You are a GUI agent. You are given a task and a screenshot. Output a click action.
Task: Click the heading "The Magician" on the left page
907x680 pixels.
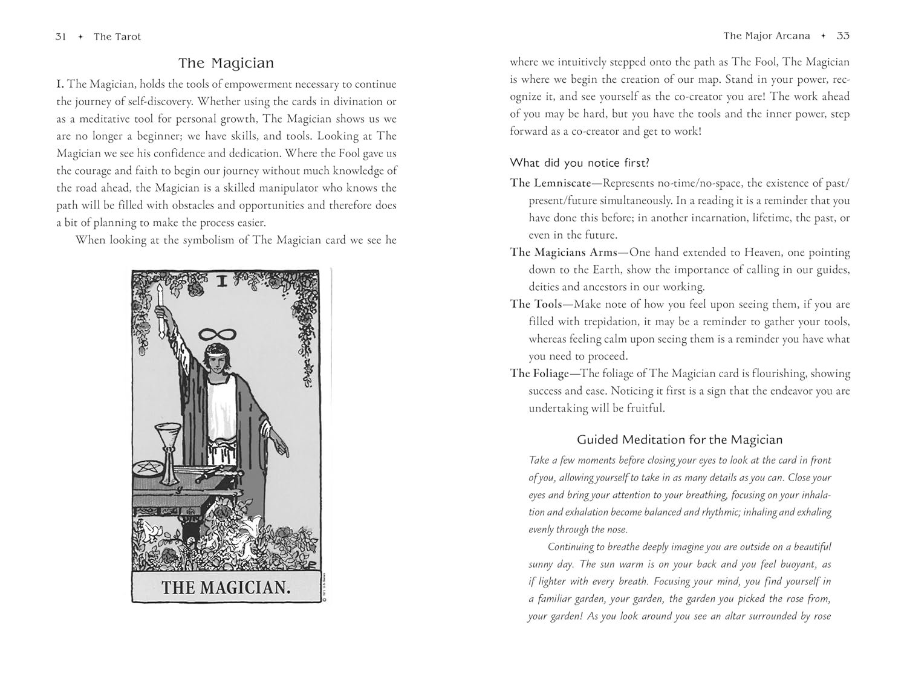pyautogui.click(x=226, y=63)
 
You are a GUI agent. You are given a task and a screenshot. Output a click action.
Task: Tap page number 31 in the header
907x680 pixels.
pyautogui.click(x=60, y=36)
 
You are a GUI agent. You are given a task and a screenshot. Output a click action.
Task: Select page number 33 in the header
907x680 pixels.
pyautogui.click(x=843, y=36)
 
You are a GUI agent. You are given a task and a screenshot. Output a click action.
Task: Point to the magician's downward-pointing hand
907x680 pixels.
pyautogui.click(x=280, y=448)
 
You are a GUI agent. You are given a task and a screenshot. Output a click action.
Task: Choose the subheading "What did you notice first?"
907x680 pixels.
pyautogui.click(x=579, y=163)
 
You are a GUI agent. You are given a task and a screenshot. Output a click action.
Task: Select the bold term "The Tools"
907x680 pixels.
pyautogui.click(x=536, y=304)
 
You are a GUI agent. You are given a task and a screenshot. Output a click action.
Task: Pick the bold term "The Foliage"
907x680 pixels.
pyautogui.click(x=539, y=373)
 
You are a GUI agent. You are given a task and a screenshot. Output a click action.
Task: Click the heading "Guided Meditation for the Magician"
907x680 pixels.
pyautogui.click(x=680, y=439)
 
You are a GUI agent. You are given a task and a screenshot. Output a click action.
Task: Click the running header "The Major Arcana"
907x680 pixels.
pyautogui.click(x=766, y=36)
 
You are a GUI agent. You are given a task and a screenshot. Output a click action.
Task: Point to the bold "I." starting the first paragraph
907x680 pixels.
pyautogui.click(x=60, y=84)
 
